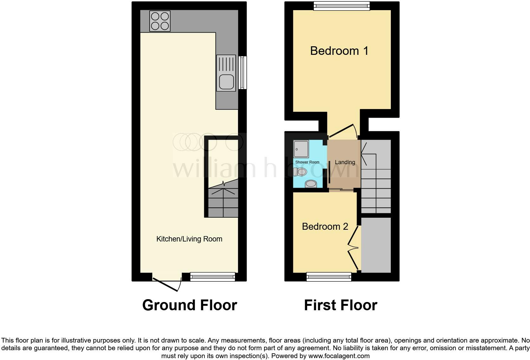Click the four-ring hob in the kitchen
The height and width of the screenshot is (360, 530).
coord(160,21)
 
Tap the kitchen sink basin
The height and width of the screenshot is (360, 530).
coord(226,82)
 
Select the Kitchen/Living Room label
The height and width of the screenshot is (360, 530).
coord(189,239)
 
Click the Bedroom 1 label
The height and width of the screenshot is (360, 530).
coord(339,51)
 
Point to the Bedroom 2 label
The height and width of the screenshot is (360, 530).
coord(325,227)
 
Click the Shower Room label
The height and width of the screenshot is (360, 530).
coord(307,162)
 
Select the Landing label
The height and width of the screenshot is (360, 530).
coord(345,162)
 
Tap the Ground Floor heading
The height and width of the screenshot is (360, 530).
coord(190,305)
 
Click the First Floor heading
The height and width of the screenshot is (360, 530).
coord(340,305)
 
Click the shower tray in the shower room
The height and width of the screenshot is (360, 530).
coord(301,149)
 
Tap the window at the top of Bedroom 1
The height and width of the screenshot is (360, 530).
coord(342,5)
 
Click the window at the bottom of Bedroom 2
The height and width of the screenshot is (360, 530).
coord(329,277)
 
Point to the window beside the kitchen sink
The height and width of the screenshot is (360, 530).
coord(242,73)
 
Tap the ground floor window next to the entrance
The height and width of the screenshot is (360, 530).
coord(212,277)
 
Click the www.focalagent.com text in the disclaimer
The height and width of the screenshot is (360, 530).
coord(339,356)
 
